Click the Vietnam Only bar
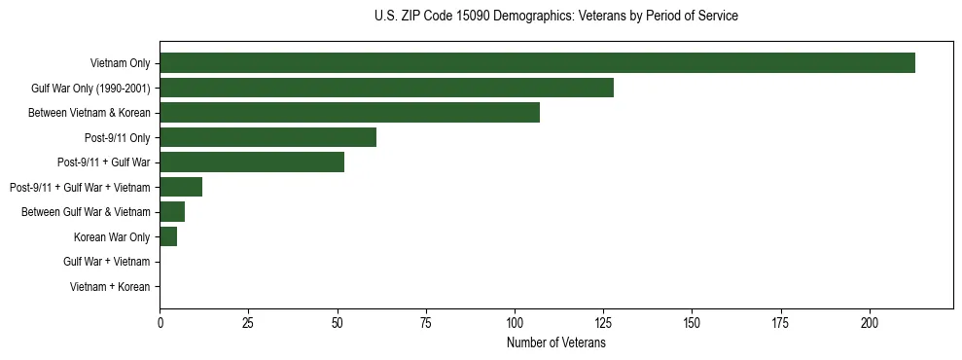coord(537,63)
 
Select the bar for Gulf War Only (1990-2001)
coord(386,88)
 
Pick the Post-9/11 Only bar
coord(267,137)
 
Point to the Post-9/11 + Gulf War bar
coord(252,162)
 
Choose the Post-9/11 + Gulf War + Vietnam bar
coord(181,187)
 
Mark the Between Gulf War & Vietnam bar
coord(172,212)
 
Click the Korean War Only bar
coord(168,236)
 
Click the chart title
coord(555,17)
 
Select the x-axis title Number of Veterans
coord(555,343)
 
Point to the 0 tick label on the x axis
coord(160,322)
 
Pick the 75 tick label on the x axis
coord(426,322)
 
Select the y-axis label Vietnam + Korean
coord(110,287)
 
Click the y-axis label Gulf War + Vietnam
coord(107,262)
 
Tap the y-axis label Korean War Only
coord(112,237)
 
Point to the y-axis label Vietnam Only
coord(120,63)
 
